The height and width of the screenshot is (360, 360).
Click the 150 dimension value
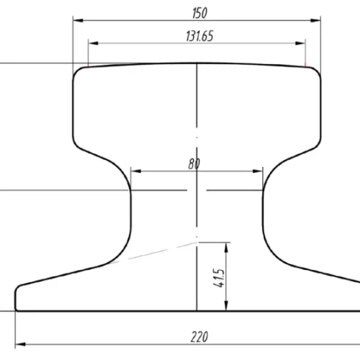pos(199,13)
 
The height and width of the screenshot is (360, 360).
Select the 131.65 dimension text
pos(199,36)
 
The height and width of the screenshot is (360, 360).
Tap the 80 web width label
pos(194,163)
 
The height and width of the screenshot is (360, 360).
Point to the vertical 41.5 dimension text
pos(219,278)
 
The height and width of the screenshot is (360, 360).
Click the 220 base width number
pos(199,337)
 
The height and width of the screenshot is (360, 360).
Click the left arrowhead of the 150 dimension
pos(78,20)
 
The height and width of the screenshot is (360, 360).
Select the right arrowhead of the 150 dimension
pos(315,20)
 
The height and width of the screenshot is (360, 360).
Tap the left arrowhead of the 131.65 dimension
pos(94,43)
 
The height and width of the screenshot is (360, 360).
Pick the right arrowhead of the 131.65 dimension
pos(300,43)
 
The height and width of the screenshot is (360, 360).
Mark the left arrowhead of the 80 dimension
pos(136,171)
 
